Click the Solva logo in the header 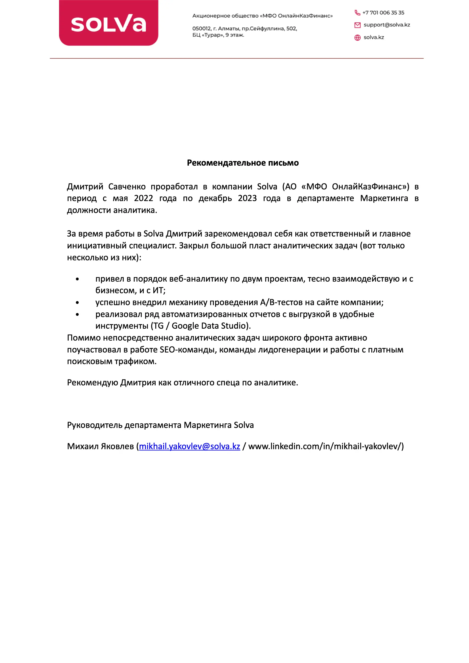(108, 23)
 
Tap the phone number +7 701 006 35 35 (383, 13)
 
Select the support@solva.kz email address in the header (387, 25)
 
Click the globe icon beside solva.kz (357, 37)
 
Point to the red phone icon (357, 13)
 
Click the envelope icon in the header (357, 25)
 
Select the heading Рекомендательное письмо (243, 163)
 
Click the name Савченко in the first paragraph (127, 187)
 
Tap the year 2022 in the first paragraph (143, 199)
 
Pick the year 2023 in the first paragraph (247, 199)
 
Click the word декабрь (215, 199)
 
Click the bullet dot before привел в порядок (77, 279)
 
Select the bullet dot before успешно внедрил (77, 303)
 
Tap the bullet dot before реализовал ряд (77, 314)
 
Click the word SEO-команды (188, 350)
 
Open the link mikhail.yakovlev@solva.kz (189, 446)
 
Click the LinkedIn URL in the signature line (326, 446)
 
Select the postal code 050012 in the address (202, 29)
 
